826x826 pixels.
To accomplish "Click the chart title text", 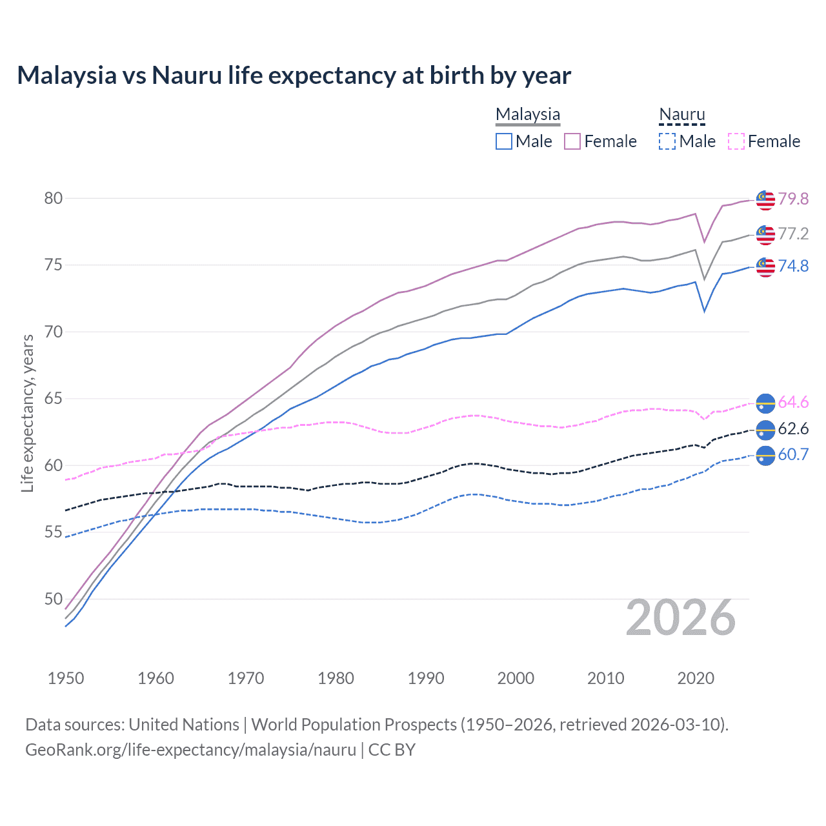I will point(294,76).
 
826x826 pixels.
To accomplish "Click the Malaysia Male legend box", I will point(504,141).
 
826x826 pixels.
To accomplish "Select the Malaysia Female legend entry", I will point(601,141).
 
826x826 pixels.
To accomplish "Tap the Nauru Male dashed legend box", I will point(667,141).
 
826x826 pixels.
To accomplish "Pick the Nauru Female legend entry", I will point(764,141).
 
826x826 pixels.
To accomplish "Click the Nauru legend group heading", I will point(681,115).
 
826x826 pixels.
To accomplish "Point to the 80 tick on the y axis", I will point(54,198).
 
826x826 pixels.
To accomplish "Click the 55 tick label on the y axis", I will point(54,532).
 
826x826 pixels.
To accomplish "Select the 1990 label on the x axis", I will point(426,678).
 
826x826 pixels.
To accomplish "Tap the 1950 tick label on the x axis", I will point(66,678).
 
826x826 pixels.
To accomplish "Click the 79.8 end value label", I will point(793,199).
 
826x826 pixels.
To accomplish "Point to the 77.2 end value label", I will point(793,234).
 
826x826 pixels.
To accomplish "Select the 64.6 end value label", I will point(793,403).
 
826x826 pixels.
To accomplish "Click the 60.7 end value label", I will point(793,454).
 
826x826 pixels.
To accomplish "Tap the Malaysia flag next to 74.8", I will point(765,266).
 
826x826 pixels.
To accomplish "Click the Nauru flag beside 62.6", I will point(765,430).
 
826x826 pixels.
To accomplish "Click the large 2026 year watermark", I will point(681,618).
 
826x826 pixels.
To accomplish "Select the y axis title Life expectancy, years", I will point(27,413).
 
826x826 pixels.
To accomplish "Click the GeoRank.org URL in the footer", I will point(190,750).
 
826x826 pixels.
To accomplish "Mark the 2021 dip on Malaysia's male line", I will point(704,311).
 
